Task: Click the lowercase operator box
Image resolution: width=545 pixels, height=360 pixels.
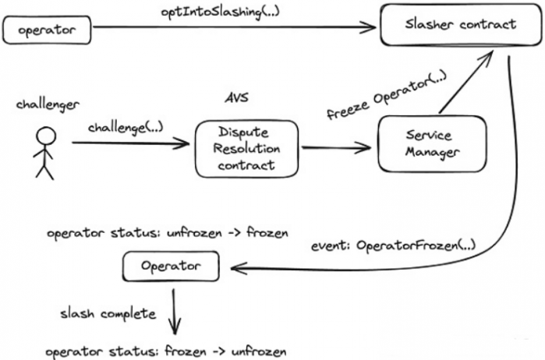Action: (47, 30)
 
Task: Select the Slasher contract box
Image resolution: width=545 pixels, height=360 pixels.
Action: (461, 25)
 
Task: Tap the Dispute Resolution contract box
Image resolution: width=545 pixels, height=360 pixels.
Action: (246, 149)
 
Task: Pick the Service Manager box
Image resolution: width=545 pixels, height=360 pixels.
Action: (432, 144)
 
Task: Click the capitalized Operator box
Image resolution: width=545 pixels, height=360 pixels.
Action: (171, 266)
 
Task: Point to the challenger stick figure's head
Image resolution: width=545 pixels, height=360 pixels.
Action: (46, 136)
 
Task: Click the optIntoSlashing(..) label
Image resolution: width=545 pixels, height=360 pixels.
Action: (221, 12)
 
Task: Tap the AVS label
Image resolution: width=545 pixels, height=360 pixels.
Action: (237, 97)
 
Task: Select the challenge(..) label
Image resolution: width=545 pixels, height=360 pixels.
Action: (126, 128)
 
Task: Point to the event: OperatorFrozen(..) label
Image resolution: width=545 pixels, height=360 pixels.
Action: (393, 245)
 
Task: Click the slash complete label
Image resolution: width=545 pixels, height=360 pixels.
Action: (108, 314)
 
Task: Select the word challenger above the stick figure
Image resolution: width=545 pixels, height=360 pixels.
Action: (48, 104)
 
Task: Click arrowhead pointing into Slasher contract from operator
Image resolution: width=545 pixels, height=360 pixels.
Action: (370, 27)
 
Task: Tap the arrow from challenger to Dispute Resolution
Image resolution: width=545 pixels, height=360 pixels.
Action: (131, 143)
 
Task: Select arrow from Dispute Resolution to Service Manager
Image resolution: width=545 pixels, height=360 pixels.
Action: (336, 148)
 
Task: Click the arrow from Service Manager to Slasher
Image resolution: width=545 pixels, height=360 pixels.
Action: (465, 82)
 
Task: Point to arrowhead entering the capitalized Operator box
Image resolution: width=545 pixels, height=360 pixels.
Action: (239, 268)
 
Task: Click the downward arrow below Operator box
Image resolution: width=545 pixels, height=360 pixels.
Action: (174, 312)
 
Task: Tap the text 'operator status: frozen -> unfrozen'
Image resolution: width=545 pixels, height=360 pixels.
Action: (166, 351)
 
